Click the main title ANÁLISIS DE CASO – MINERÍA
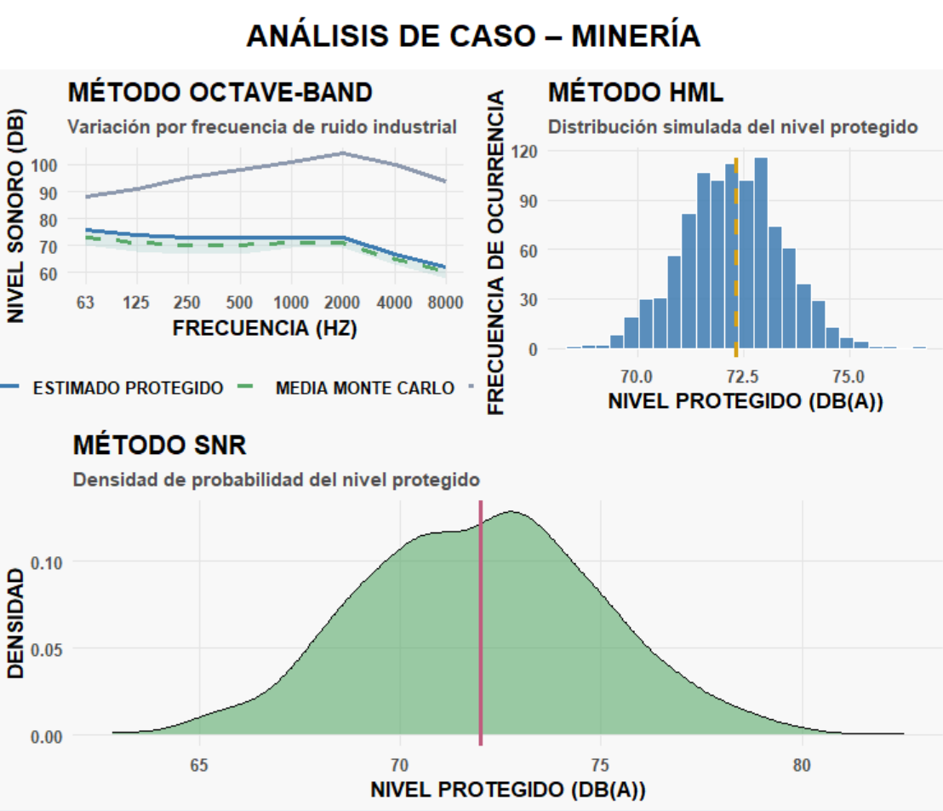473,36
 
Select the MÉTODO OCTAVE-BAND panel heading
220,92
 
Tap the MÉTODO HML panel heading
636,92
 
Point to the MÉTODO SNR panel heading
159,445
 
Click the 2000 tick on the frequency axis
342,302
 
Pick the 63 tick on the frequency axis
84,302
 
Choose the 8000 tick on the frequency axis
445,302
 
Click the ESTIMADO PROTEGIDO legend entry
128,388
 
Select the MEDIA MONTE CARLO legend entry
364,388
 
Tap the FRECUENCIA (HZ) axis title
265,328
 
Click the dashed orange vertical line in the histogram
736,256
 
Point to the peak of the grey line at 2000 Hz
342,153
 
